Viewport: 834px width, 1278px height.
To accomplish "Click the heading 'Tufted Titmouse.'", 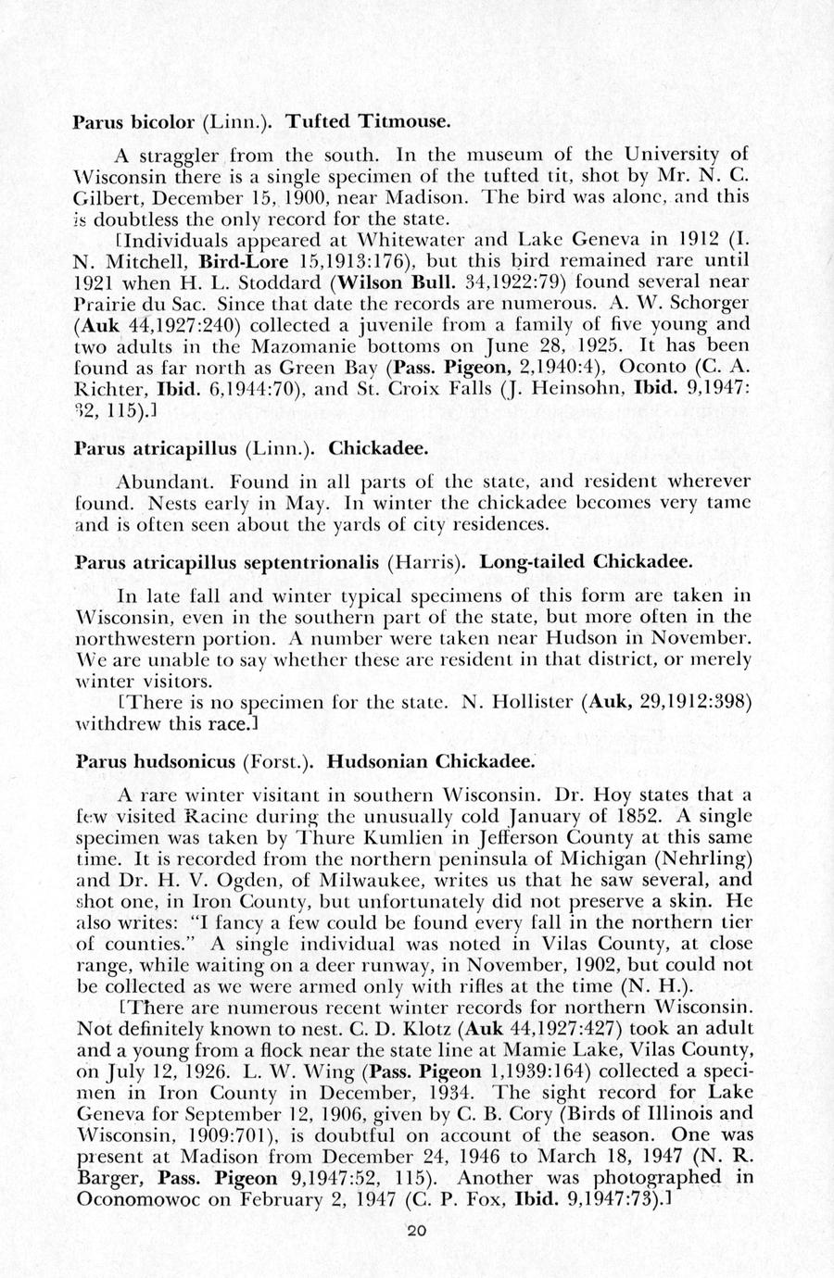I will [355, 121].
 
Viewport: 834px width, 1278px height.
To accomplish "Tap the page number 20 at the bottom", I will [417, 1230].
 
